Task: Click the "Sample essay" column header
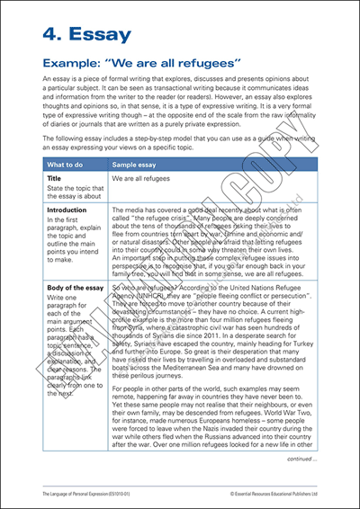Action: (x=138, y=166)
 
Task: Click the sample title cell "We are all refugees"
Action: (x=142, y=180)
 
